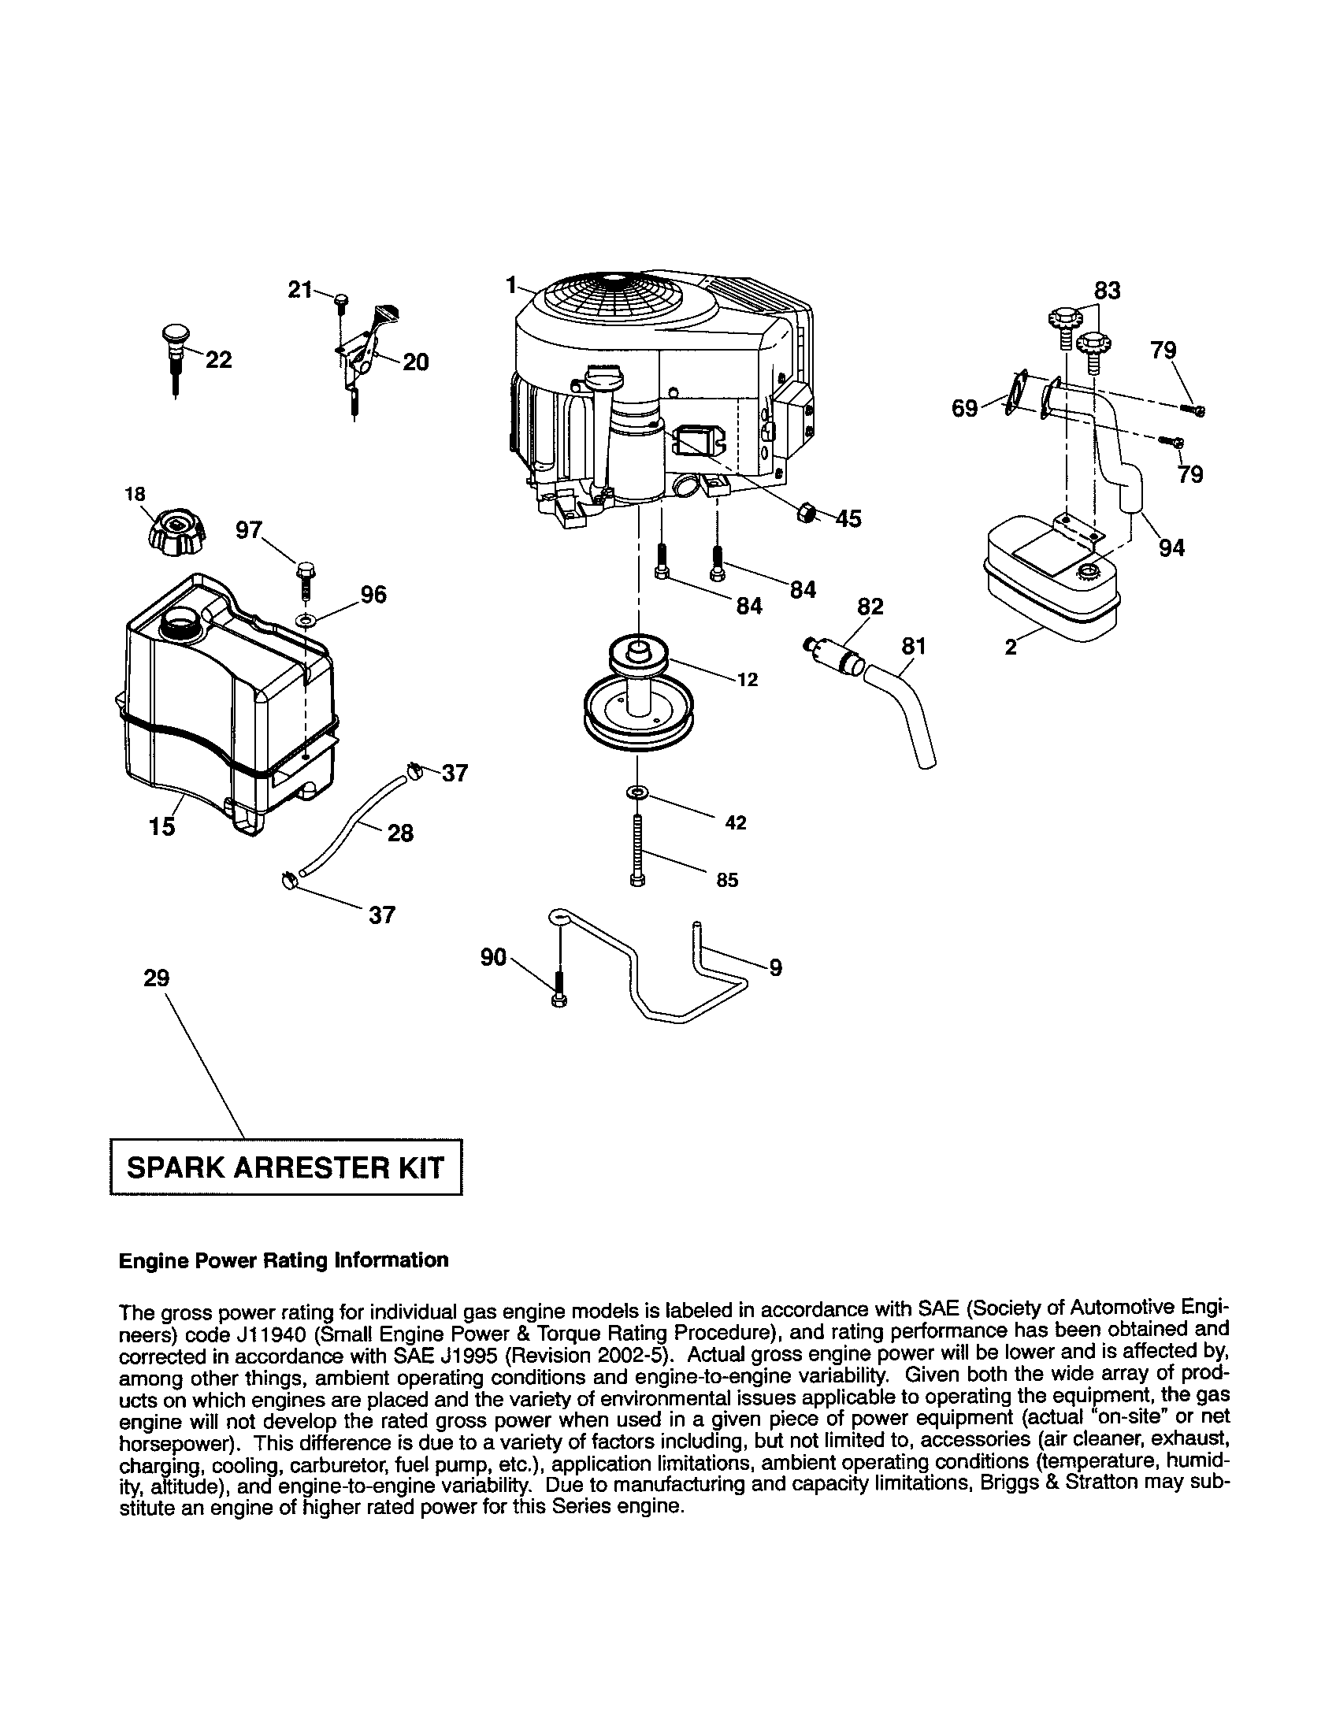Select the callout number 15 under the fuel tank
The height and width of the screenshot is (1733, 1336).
(x=161, y=827)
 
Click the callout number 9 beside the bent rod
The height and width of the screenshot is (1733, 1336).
(x=775, y=967)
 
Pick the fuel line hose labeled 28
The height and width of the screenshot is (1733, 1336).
(x=349, y=826)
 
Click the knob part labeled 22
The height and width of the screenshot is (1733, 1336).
(x=173, y=346)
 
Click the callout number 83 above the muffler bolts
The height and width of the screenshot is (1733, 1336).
(x=1107, y=291)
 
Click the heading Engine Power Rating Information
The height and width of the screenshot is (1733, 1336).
(x=284, y=1260)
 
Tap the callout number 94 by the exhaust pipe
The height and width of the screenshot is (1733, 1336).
(x=1171, y=547)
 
